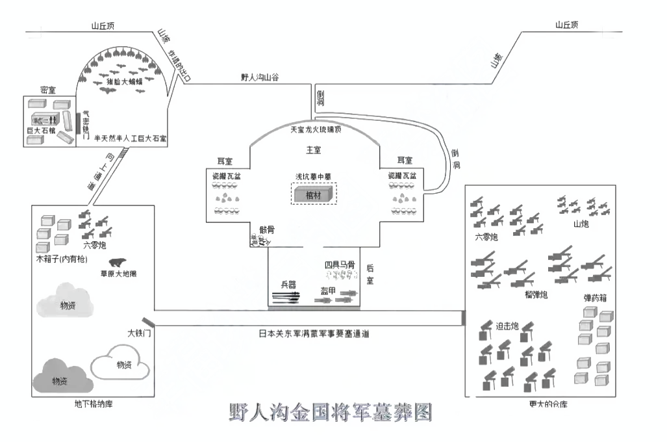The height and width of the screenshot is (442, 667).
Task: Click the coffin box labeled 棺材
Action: coord(314,194)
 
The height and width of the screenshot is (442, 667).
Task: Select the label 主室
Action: coord(314,149)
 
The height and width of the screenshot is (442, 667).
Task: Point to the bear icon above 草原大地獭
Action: coord(118,263)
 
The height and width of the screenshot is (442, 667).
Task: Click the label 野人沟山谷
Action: coord(258,77)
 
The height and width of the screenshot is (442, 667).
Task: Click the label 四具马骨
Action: coord(340,265)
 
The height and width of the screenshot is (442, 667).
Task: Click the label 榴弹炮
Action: coord(536,295)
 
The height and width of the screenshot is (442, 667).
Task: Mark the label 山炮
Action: coord(581,224)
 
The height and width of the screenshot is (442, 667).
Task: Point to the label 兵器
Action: coord(288,284)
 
